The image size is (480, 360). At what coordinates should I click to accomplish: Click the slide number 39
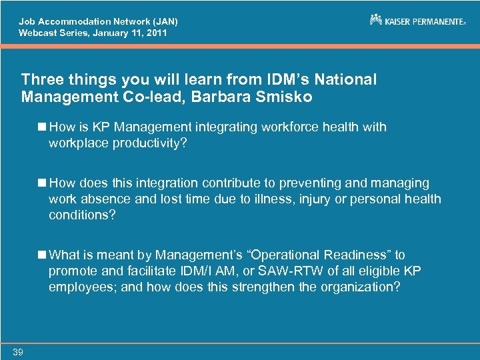(17, 352)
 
